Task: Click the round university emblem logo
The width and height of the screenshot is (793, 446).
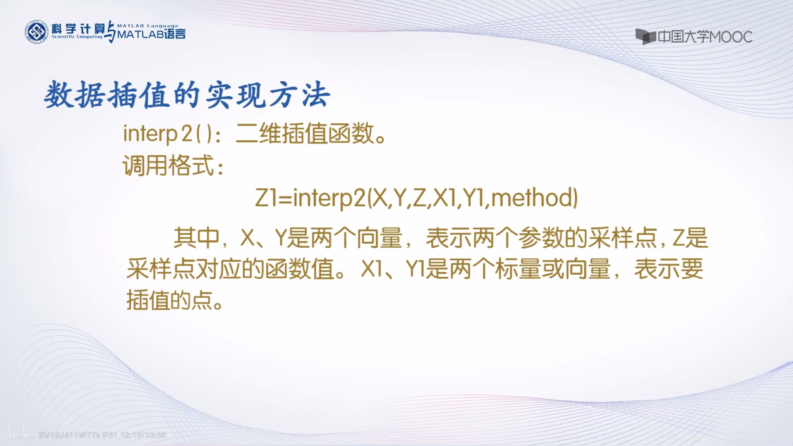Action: pyautogui.click(x=37, y=32)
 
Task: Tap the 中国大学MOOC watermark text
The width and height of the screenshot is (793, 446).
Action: pyautogui.click(x=705, y=37)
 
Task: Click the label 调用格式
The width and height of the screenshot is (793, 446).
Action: pyautogui.click(x=168, y=166)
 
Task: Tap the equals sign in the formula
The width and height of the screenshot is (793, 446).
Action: pyautogui.click(x=285, y=198)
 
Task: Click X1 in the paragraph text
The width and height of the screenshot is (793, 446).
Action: pyautogui.click(x=371, y=269)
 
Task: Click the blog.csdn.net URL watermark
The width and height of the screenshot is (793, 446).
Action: pyautogui.click(x=736, y=439)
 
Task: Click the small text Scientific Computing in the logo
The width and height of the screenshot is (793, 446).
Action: pyautogui.click(x=77, y=37)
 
